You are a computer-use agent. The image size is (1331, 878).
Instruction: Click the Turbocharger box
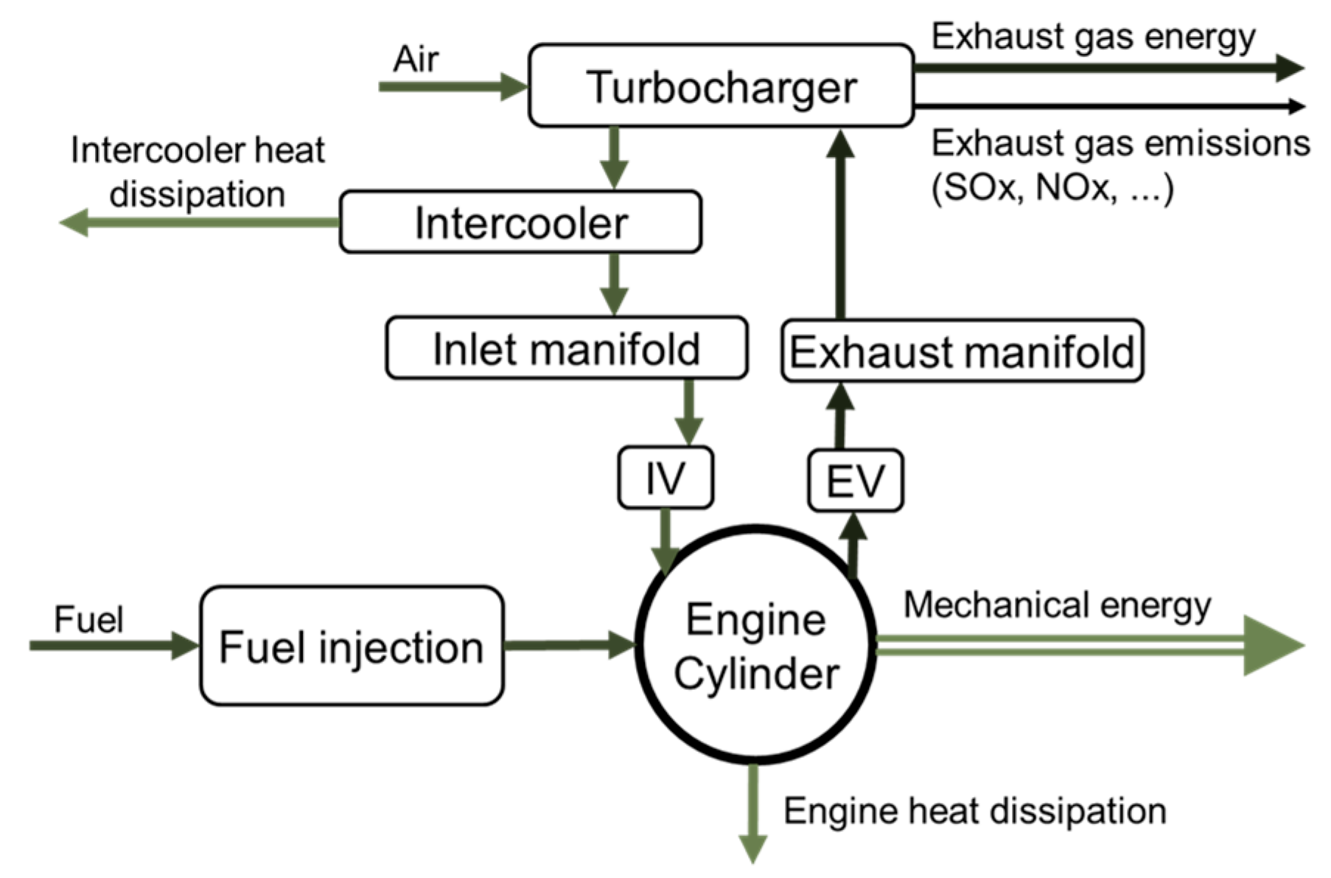721,86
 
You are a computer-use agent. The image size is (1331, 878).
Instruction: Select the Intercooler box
520,223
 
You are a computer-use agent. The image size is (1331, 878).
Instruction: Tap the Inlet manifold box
566,349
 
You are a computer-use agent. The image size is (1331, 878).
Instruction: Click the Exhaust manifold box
962,352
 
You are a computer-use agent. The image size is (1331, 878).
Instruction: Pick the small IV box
665,478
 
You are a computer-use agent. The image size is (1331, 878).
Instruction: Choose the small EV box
855,481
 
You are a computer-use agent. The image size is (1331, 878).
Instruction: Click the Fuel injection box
352,647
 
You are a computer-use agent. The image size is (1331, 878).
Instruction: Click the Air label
416,59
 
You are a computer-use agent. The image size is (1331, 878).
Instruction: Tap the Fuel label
88,619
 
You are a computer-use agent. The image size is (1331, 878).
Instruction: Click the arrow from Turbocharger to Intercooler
613,157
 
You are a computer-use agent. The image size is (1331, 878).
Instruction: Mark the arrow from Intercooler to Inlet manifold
613,284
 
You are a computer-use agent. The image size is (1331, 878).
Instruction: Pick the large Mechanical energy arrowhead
1272,646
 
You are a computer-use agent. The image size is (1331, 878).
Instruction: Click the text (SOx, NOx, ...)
1052,188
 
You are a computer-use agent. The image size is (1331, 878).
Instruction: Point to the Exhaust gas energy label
1093,37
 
